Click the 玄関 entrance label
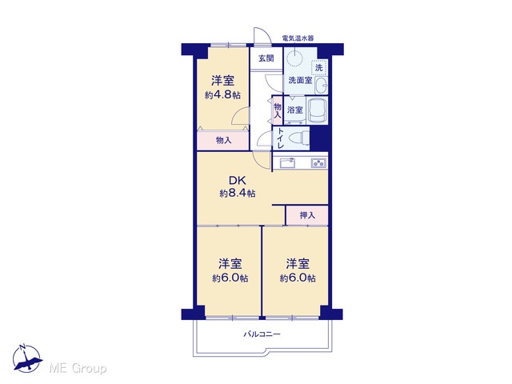[266, 58]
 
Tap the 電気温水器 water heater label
[298, 38]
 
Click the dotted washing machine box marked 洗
[318, 67]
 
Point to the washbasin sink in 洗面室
[322, 86]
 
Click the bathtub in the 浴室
[318, 110]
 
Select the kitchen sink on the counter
[287, 162]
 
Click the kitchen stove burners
[318, 162]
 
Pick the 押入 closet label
[307, 215]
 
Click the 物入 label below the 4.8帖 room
[224, 141]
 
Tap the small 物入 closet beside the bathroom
[278, 110]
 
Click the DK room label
[238, 181]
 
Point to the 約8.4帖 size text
[238, 194]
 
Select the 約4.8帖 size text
[222, 95]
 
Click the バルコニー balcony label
[262, 334]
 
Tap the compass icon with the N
[26, 358]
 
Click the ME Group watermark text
[78, 369]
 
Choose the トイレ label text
[281, 138]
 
